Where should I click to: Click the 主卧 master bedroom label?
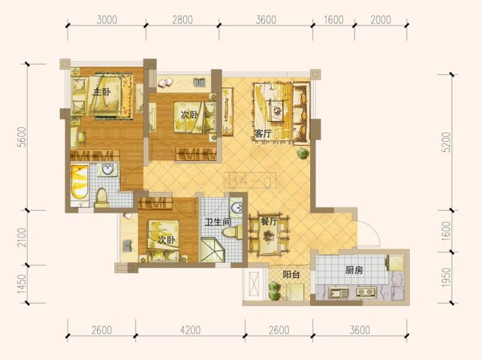[x=102, y=92]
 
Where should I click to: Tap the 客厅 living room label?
[x=263, y=134]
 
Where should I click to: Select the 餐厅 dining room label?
[x=269, y=221]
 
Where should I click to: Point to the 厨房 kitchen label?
[x=354, y=270]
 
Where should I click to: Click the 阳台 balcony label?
[x=291, y=274]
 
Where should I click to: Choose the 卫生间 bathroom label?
[x=218, y=221]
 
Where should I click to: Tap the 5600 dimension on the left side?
[x=22, y=137]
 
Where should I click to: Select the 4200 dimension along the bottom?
[x=190, y=330]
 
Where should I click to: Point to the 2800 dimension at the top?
[x=183, y=20]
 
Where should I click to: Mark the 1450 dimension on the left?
[x=22, y=283]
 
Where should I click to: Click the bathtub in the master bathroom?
[x=80, y=182]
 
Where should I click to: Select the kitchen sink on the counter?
[x=338, y=292]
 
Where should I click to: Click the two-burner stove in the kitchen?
[x=366, y=292]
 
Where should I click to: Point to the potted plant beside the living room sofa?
[x=303, y=153]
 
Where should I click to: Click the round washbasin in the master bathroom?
[x=107, y=169]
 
